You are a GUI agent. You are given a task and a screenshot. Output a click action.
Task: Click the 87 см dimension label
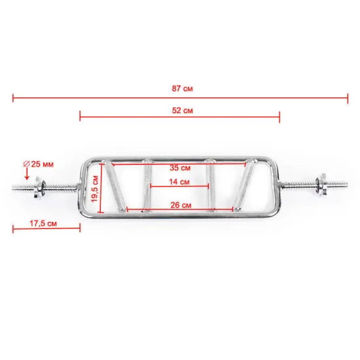point(183,88)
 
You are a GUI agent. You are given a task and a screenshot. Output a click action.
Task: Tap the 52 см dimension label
point(183,111)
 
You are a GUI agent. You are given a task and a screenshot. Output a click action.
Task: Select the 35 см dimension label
point(180,168)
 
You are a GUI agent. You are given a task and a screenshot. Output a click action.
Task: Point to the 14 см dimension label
point(179,182)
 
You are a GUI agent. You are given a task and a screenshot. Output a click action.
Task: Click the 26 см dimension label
point(181,205)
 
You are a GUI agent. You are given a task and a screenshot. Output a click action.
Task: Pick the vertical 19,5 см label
point(95,189)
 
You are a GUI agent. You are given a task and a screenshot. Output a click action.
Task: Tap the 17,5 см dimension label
point(43,223)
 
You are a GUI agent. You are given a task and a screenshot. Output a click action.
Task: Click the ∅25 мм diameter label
point(39,164)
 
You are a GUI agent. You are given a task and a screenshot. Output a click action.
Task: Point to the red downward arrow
point(27,174)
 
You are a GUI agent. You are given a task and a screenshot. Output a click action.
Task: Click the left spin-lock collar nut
point(39,187)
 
